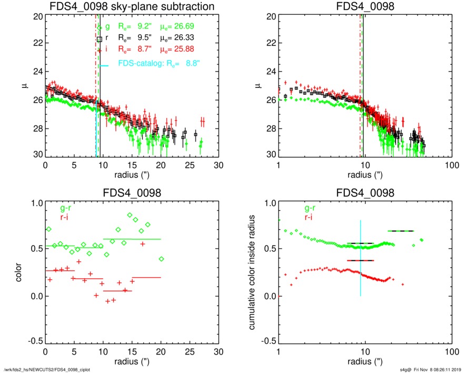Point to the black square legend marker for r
tap(100, 39)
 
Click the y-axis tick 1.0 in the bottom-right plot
tap(270, 203)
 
